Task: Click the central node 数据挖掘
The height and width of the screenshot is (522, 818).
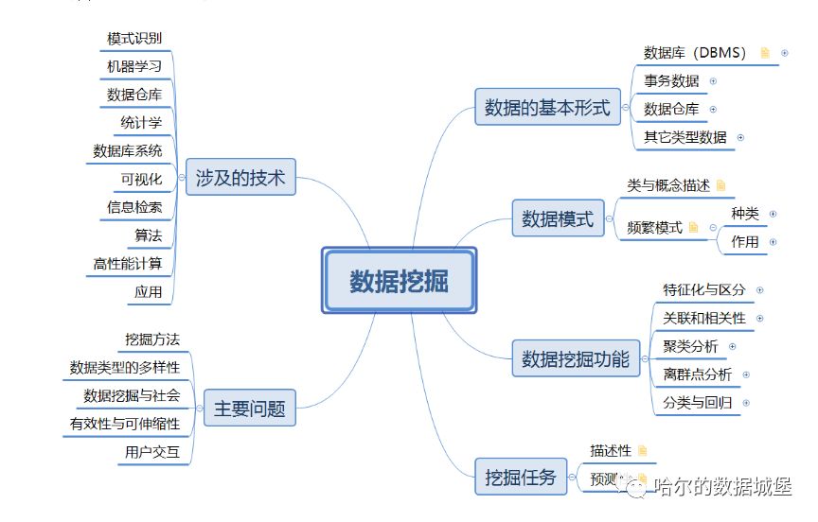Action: [x=399, y=281]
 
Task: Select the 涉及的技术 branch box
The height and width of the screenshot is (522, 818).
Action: [x=240, y=177]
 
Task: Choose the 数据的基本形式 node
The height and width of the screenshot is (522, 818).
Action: [x=547, y=107]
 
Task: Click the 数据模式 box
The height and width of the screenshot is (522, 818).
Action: [x=558, y=220]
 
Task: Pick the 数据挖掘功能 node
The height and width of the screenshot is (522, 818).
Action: [x=575, y=358]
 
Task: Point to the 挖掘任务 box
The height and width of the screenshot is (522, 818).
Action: [x=520, y=475]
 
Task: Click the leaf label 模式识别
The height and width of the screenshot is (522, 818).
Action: [x=134, y=39]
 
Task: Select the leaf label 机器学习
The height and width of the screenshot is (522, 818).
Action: [x=134, y=67]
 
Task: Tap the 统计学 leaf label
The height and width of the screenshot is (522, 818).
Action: [x=141, y=123]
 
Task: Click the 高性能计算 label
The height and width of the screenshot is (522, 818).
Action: [x=128, y=263]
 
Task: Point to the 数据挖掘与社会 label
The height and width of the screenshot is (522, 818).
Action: [x=132, y=395]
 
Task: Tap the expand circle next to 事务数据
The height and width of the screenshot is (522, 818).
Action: [x=713, y=81]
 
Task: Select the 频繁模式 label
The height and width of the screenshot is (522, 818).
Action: [x=654, y=228]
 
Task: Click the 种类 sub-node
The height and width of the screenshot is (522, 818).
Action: [x=745, y=214]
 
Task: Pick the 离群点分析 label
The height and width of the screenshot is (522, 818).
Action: [x=698, y=374]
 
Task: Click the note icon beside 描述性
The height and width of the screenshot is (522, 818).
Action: [x=643, y=451]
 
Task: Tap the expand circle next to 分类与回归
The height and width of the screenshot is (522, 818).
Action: [x=746, y=403]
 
